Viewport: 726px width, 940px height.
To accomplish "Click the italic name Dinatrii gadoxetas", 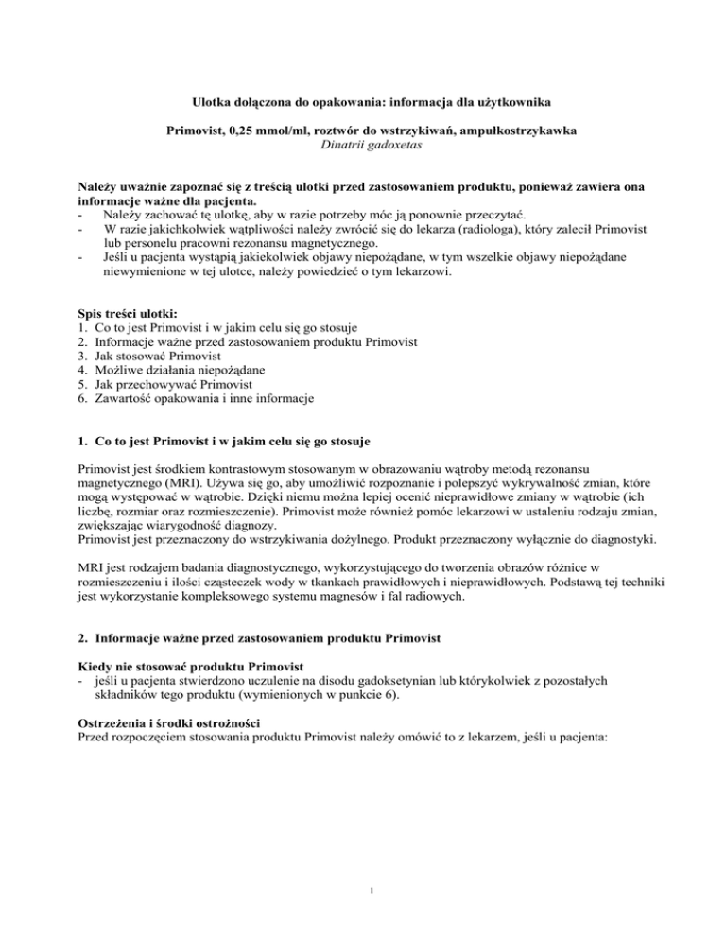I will coord(363,143).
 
